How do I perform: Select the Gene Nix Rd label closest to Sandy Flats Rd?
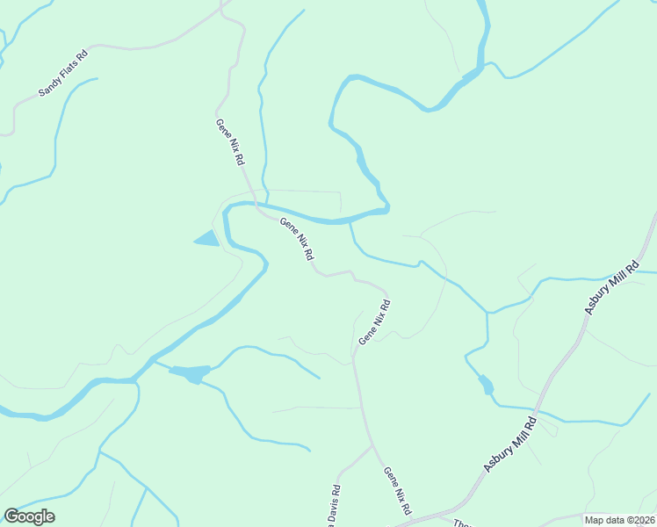230,142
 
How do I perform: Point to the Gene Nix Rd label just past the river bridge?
297,240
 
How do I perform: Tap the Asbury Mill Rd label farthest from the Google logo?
612,287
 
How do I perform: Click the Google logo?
29,516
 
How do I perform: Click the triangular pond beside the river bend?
207,238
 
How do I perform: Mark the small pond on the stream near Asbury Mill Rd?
486,385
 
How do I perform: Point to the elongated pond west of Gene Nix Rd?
190,373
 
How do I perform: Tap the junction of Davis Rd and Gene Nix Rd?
374,446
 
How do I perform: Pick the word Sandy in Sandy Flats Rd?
49,86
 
